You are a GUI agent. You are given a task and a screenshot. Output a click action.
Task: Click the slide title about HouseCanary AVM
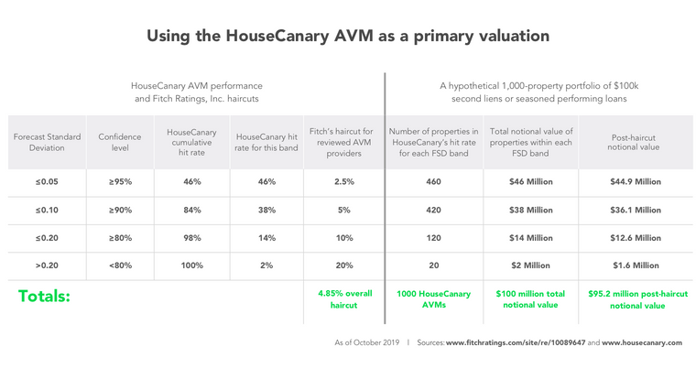[348, 37]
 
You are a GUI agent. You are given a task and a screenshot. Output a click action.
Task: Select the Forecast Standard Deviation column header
[48, 142]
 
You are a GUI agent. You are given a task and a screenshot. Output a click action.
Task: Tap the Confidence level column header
[119, 142]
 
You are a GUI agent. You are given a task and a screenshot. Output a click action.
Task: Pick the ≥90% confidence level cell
[119, 210]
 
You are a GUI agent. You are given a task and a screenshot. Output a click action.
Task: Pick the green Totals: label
[45, 297]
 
